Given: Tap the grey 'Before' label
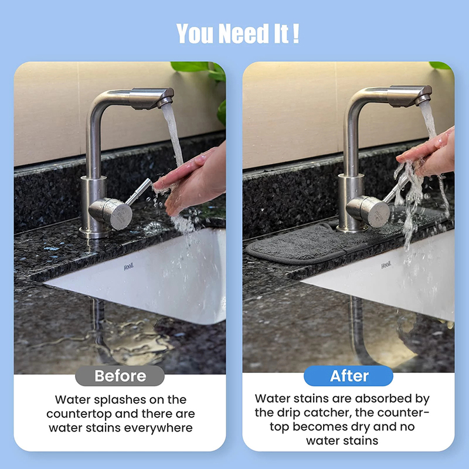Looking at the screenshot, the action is pyautogui.click(x=120, y=376).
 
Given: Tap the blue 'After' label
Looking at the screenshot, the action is pyautogui.click(x=348, y=376).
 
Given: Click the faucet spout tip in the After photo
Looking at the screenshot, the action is pyautogui.click(x=424, y=100).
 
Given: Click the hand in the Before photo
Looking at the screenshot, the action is pyautogui.click(x=192, y=179).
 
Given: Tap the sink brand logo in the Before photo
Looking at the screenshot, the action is pyautogui.click(x=128, y=267).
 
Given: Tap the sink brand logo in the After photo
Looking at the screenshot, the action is pyautogui.click(x=386, y=265).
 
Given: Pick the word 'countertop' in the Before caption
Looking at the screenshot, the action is pyautogui.click(x=79, y=414).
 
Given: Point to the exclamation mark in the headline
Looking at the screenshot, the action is pyautogui.click(x=296, y=33).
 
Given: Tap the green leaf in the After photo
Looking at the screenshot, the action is pyautogui.click(x=440, y=65).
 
